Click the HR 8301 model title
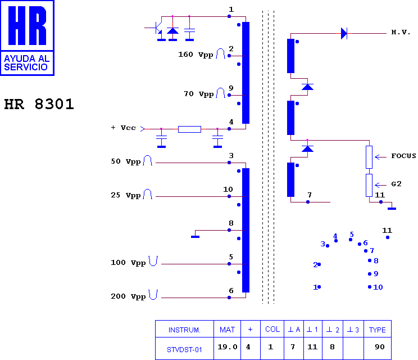click(39, 104)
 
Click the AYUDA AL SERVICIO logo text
click(26, 62)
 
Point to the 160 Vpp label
click(196, 55)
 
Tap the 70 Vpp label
click(198, 94)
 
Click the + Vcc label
click(123, 128)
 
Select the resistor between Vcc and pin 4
click(189, 129)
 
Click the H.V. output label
click(401, 32)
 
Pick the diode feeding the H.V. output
click(344, 34)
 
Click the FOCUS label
click(403, 156)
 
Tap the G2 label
click(396, 184)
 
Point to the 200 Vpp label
click(128, 296)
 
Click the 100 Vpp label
click(128, 263)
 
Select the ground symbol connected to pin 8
click(195, 237)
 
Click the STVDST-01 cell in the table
click(184, 349)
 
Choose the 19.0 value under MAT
click(227, 347)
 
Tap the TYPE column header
click(377, 330)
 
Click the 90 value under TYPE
click(380, 347)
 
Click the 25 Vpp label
click(125, 195)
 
